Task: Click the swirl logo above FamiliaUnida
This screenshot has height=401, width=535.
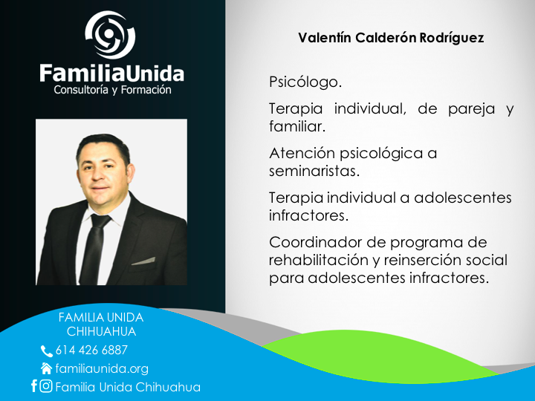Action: [x=110, y=34]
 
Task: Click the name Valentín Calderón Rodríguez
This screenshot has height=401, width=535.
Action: [x=391, y=38]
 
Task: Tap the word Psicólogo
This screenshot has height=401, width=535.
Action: [x=305, y=82]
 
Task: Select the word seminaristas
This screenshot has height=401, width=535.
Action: [x=314, y=171]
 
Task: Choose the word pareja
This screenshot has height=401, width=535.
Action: [x=471, y=110]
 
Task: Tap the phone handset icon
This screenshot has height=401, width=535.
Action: [x=47, y=351]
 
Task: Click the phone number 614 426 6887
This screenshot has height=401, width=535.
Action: [x=91, y=350]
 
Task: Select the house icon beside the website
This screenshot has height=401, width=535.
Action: [x=46, y=368]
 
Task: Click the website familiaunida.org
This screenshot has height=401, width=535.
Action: [x=102, y=369]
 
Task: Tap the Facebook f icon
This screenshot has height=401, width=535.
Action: [x=33, y=385]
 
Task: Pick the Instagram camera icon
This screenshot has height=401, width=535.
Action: [x=46, y=386]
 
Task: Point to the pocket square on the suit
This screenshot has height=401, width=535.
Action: [x=143, y=261]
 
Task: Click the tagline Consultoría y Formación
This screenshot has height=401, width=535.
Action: [x=113, y=90]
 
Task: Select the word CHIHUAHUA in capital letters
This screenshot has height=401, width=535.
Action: [x=101, y=331]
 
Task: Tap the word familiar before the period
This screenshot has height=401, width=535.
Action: [x=296, y=126]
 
